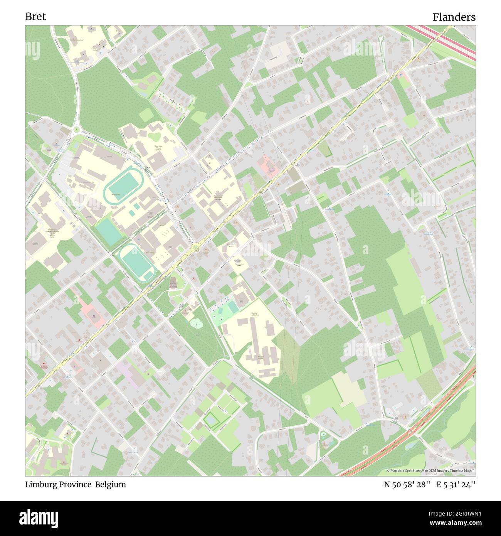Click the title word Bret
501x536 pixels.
(35, 16)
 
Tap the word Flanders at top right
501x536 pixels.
(454, 17)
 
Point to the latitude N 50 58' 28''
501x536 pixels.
(407, 484)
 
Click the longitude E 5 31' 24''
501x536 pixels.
(456, 484)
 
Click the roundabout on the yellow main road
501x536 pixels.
(195, 247)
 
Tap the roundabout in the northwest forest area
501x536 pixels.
(76, 130)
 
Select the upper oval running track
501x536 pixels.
(124, 187)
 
